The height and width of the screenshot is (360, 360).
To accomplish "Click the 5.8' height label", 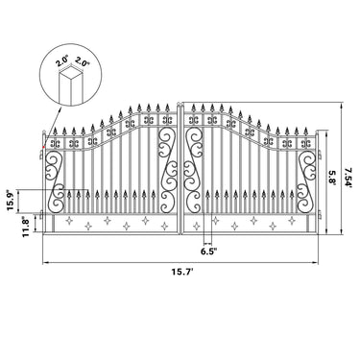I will (x=332, y=177).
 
